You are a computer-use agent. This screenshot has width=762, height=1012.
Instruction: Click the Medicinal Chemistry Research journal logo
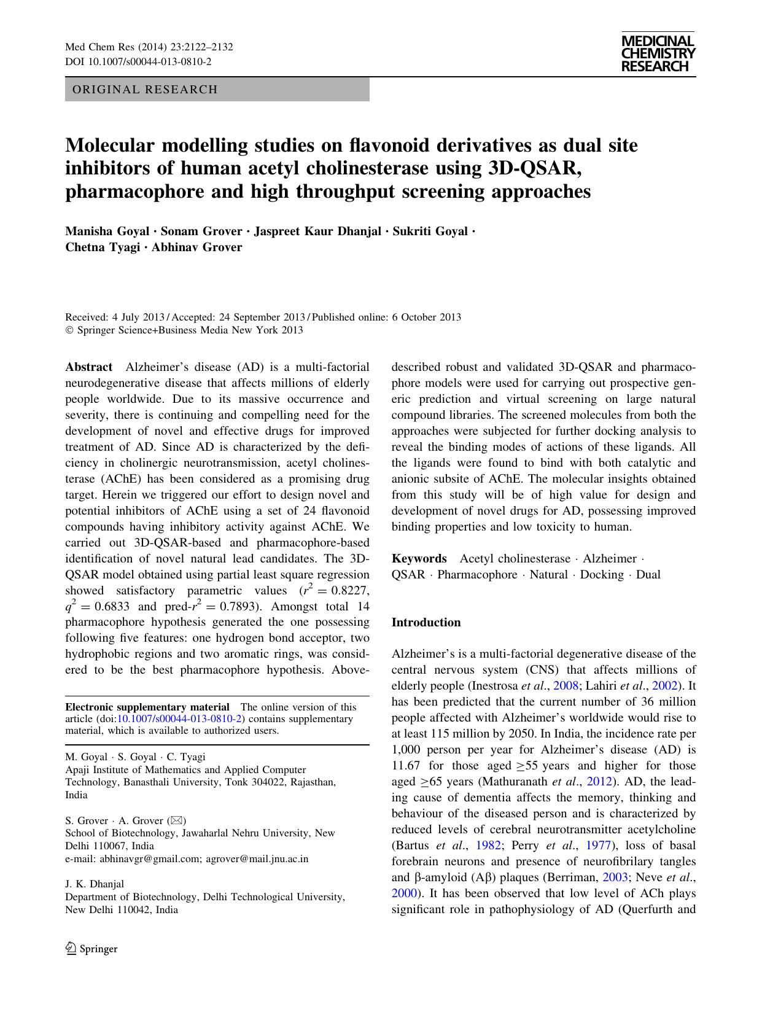658,54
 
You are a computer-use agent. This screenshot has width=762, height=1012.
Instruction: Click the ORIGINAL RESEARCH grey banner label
145,90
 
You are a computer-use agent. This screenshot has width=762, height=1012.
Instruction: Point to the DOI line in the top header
138,61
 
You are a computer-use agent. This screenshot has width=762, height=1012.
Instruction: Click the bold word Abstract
89,367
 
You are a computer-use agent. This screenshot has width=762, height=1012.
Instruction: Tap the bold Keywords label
419,559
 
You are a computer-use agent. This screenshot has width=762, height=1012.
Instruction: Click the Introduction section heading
426,623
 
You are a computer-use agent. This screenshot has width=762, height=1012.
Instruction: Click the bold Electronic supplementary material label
147,707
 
